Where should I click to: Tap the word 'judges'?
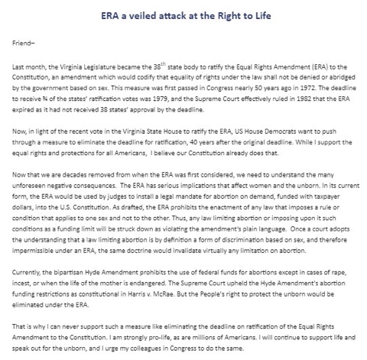click(112, 208)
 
